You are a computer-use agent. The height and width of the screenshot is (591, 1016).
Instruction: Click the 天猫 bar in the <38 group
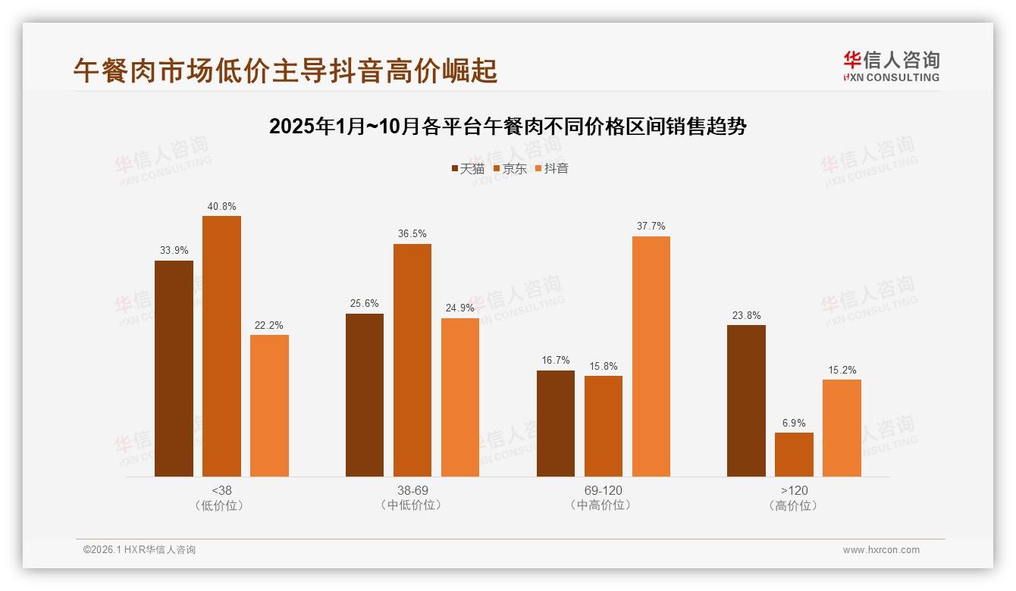pos(174,368)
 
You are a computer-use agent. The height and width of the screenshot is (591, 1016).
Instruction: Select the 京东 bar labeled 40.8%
pos(221,346)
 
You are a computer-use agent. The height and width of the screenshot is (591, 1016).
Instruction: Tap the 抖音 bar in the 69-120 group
pos(651,356)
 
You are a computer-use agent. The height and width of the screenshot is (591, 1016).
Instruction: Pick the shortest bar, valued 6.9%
pos(794,455)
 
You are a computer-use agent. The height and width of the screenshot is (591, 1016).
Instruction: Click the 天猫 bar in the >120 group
pos(746,401)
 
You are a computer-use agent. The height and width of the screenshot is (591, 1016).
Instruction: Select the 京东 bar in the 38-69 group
pos(412,360)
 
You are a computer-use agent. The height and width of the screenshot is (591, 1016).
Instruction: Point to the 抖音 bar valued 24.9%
pos(459,397)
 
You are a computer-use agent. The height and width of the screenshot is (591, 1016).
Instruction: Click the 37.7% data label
pos(651,226)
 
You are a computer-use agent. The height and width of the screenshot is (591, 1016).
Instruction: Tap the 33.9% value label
pos(174,250)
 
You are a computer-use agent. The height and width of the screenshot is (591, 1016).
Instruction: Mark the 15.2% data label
pos(842,370)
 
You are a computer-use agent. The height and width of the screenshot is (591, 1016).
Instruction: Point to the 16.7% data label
pos(555,360)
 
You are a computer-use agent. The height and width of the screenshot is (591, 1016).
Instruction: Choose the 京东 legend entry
pos(510,168)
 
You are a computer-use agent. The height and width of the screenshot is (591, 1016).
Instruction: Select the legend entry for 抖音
pos(551,168)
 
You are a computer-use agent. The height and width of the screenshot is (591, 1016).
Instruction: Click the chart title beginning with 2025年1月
pos(507,127)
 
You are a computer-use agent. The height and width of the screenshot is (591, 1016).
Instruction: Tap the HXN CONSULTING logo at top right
pos(891,67)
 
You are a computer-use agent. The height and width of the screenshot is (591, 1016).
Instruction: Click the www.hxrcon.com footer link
pos(880,550)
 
